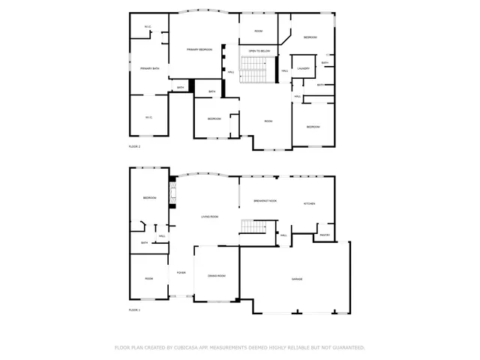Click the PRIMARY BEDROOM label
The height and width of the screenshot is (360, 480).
[199, 49]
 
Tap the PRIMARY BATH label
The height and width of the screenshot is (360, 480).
[149, 68]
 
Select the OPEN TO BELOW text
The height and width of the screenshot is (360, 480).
[259, 51]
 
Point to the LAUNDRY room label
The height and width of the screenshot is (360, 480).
[303, 68]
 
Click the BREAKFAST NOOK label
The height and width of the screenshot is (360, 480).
[265, 201]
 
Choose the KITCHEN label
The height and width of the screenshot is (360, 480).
[309, 204]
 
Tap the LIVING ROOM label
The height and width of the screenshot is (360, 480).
[209, 217]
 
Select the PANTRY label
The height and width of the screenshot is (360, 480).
[325, 235]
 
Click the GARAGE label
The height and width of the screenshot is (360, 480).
[297, 279]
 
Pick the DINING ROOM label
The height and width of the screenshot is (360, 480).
[217, 276]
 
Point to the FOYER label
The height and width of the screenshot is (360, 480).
[181, 272]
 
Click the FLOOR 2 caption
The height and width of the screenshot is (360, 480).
[134, 146]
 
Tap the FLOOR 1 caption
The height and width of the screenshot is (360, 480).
[134, 310]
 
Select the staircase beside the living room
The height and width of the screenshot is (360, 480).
[253, 228]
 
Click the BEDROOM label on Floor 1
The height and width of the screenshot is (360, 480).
[149, 198]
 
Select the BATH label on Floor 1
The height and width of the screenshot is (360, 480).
[144, 242]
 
